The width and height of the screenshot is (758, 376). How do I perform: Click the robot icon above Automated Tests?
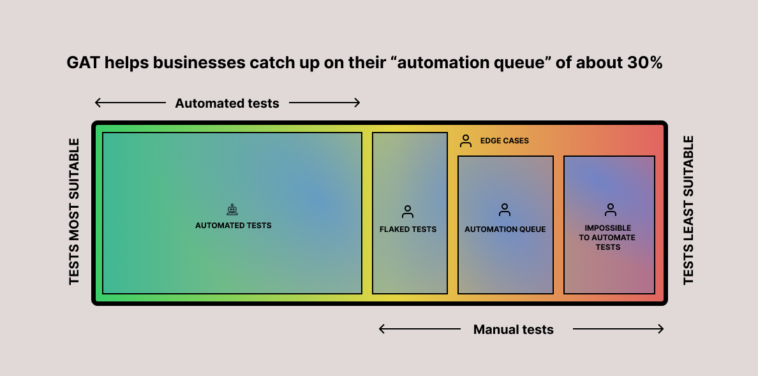tap(232, 210)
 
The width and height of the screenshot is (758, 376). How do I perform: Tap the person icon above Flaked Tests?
tap(408, 212)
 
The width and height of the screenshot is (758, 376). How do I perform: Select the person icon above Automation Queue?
tap(505, 210)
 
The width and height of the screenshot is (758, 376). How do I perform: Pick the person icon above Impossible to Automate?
tap(610, 210)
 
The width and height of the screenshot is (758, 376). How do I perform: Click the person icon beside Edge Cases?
tap(466, 141)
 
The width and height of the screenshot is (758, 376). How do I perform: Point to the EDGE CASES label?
tap(505, 141)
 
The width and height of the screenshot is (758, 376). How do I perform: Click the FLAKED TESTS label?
tap(408, 229)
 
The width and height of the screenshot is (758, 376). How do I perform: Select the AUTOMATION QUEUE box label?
tap(505, 229)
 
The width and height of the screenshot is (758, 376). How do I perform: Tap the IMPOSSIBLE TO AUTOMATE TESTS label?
tap(608, 237)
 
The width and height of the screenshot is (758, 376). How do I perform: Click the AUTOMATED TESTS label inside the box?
tap(234, 226)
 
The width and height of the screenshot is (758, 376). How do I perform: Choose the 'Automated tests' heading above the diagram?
tap(227, 103)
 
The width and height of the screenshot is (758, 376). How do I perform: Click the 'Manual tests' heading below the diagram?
tap(514, 329)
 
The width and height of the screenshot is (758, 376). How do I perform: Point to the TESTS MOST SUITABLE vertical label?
tap(75, 211)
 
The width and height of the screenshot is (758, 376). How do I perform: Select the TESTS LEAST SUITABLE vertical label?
tap(688, 210)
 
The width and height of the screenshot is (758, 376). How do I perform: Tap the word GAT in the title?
tap(81, 63)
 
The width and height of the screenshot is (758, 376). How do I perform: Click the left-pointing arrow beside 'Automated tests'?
tap(130, 103)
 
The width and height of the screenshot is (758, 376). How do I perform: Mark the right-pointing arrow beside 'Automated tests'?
tap(325, 103)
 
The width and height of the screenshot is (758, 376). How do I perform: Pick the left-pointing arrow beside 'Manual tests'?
tap(419, 329)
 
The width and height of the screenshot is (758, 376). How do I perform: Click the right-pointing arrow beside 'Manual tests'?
tap(618, 329)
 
